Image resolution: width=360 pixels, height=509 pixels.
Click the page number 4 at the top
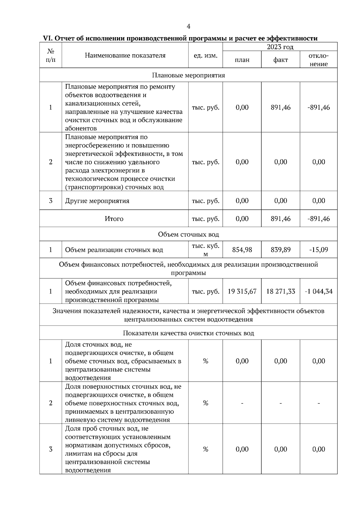click(x=188, y=26)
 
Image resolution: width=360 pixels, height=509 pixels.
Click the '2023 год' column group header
click(x=280, y=47)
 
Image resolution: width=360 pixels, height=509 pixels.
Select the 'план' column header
click(x=242, y=60)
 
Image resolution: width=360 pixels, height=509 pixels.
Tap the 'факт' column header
click(x=280, y=60)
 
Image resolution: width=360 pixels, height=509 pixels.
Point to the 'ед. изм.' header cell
click(x=205, y=55)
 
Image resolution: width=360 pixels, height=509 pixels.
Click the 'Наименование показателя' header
click(x=125, y=55)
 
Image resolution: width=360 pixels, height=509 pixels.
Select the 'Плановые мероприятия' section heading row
click(x=188, y=75)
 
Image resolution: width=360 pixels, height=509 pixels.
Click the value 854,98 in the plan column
click(x=242, y=249)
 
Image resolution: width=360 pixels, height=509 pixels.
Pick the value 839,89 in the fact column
click(x=280, y=249)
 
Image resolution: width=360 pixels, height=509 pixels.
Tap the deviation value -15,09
click(x=319, y=249)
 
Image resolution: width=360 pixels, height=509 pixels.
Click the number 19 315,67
click(x=242, y=291)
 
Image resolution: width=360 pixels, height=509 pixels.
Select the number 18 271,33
click(x=280, y=291)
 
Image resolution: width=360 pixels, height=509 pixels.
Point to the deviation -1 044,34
click(x=319, y=291)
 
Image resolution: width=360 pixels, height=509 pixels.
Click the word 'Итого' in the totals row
click(x=114, y=219)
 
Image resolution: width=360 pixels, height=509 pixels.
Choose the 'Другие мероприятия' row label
click(x=97, y=201)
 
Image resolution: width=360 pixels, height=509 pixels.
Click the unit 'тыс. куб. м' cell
click(x=205, y=250)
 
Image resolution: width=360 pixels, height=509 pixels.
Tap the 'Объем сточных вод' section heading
click(x=188, y=234)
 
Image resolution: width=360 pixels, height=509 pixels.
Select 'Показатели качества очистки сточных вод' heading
click(x=188, y=333)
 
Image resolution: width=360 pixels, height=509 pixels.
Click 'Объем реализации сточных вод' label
click(x=114, y=250)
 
